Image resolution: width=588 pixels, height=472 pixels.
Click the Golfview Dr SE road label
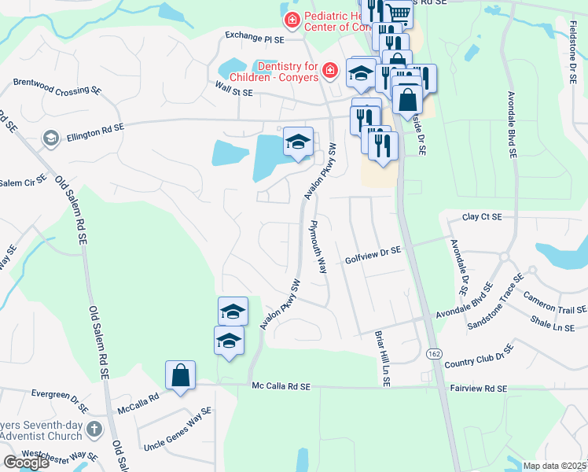(373, 250)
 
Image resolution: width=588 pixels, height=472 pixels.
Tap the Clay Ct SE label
(482, 216)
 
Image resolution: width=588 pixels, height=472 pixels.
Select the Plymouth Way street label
(318, 245)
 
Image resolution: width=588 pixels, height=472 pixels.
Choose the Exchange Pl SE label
(252, 35)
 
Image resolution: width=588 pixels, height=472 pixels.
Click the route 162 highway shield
(434, 354)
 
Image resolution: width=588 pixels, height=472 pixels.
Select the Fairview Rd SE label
(480, 388)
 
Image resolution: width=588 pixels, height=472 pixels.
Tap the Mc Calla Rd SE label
(282, 386)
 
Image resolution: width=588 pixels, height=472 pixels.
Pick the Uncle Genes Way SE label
(175, 429)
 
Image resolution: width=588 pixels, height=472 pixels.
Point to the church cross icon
(94, 430)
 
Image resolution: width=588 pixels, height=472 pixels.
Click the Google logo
(26, 463)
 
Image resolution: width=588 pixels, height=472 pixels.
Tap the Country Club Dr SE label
(479, 355)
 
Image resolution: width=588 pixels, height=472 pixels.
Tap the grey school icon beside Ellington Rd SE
(52, 139)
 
